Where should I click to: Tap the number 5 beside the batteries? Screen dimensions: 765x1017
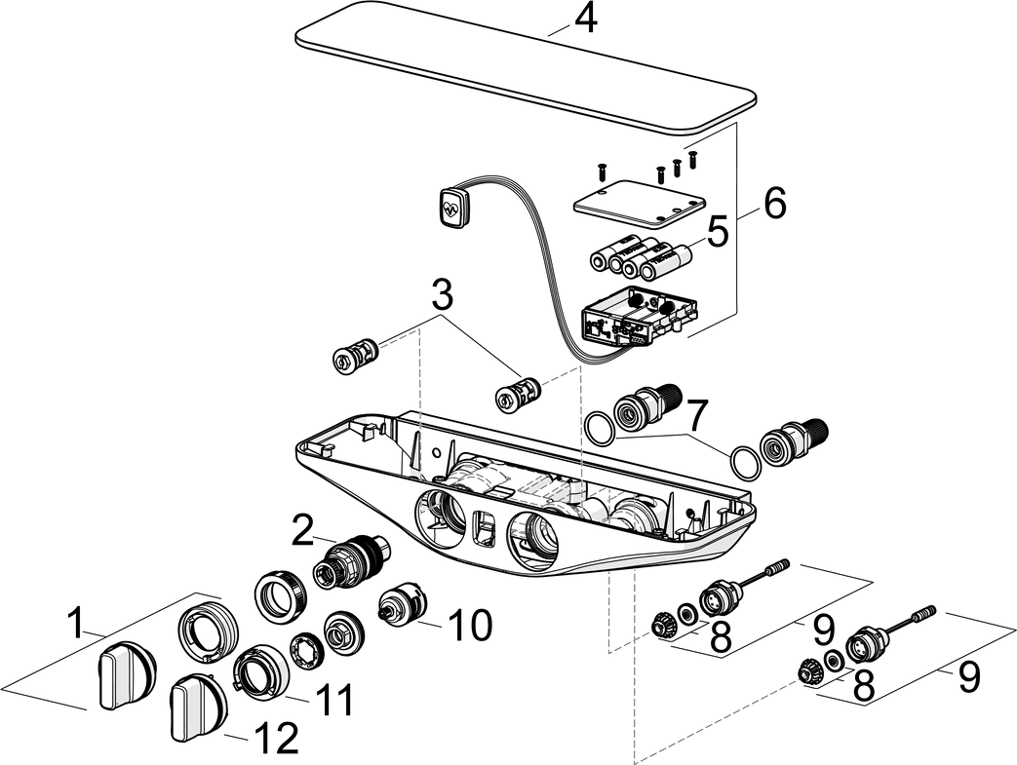718,233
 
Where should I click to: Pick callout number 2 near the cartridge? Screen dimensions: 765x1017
303,532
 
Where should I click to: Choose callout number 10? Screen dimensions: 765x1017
470,624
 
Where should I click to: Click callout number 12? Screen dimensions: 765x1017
276,739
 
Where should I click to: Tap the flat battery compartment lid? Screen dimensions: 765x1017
639,202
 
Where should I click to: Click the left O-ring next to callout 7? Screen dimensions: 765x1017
601,426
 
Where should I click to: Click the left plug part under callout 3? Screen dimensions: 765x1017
355,356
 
